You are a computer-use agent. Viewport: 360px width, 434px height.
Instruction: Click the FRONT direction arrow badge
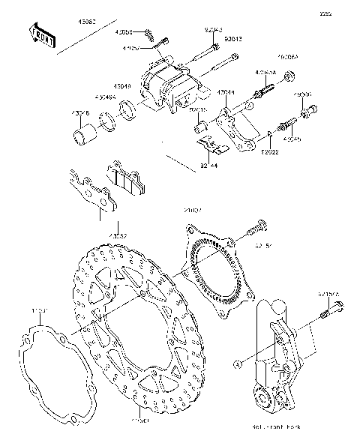tap(43, 36)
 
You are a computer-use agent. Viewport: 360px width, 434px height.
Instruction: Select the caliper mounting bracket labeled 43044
tap(233, 127)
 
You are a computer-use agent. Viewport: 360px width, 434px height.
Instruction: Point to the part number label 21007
tap(193, 211)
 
